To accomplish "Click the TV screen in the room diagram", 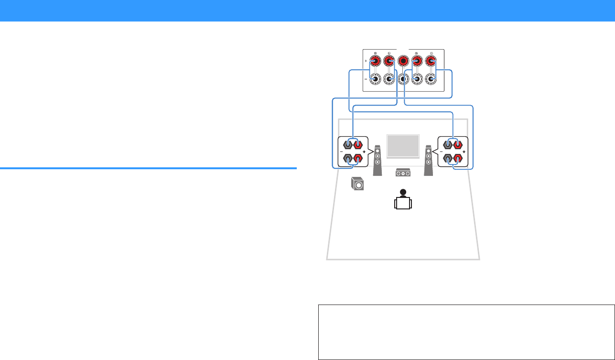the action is point(403,146).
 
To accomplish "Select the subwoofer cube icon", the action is point(356,184).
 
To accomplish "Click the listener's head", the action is point(403,192).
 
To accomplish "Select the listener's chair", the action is point(403,204).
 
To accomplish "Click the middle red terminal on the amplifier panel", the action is point(403,61).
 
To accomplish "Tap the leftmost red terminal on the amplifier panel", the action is point(375,61).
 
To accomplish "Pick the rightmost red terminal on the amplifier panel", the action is point(432,61).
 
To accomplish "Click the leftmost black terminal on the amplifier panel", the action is point(375,79).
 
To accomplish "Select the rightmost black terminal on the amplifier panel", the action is point(432,79).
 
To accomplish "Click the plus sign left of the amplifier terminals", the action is point(366,61).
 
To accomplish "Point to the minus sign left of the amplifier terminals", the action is point(366,79).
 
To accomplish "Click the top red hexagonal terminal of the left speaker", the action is point(358,144).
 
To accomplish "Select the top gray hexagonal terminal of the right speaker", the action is point(448,144).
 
